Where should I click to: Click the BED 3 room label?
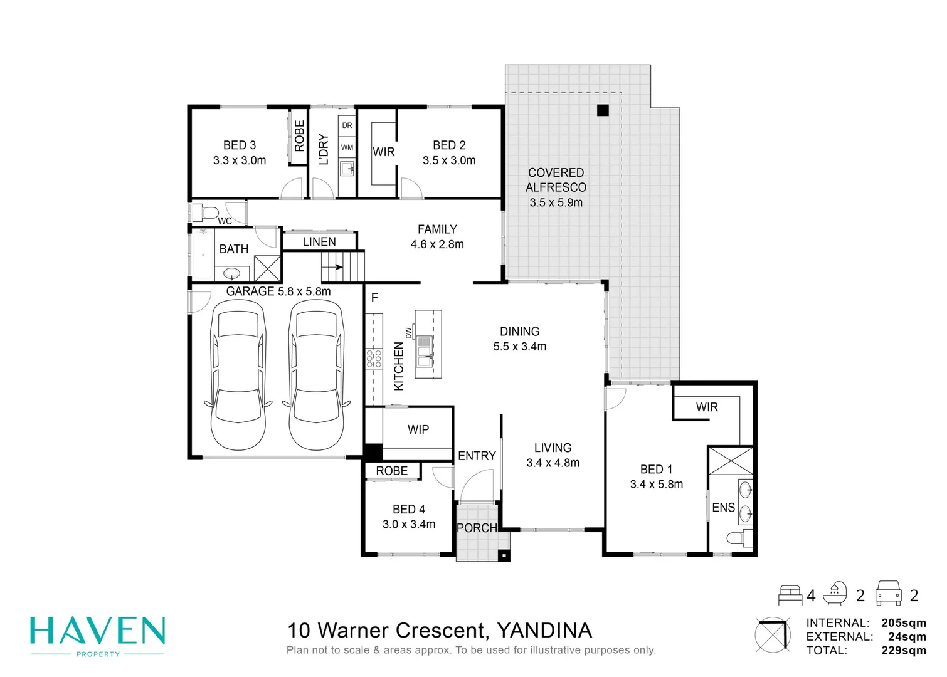click(x=240, y=145)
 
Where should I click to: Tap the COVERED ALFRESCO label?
click(x=556, y=180)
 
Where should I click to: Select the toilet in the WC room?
click(x=205, y=212)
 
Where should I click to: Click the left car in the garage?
click(x=238, y=374)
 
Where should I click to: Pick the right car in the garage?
click(x=316, y=374)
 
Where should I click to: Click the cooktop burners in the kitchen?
click(x=374, y=359)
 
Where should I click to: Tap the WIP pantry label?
click(x=418, y=429)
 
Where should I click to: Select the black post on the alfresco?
click(x=603, y=110)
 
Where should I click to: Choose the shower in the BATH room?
click(x=267, y=268)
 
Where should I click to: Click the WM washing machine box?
click(x=347, y=147)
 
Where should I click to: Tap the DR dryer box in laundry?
click(x=347, y=125)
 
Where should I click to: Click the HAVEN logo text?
click(x=98, y=631)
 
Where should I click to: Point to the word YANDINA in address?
click(x=544, y=631)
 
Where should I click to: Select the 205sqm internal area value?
click(x=903, y=623)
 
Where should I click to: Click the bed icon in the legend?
click(x=790, y=594)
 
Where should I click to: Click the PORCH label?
click(x=477, y=528)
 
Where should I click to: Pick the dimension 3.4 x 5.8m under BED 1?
click(x=657, y=484)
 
